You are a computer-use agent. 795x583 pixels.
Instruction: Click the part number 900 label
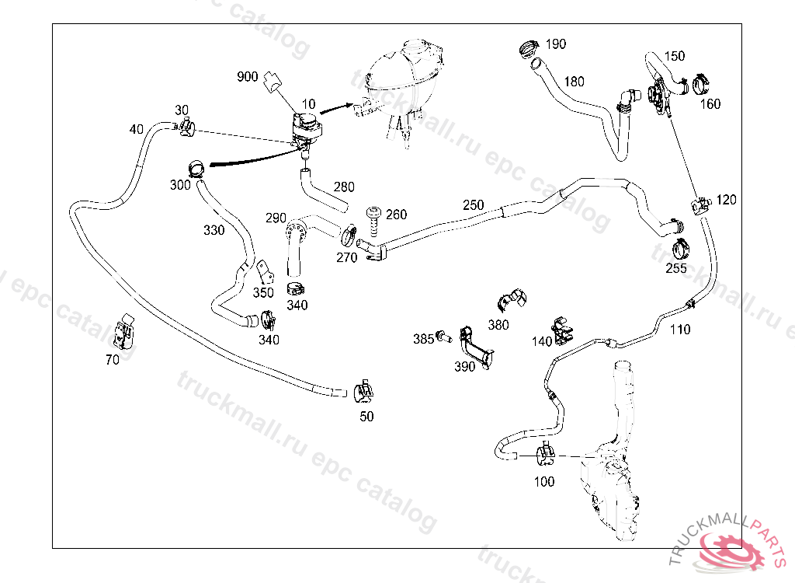(x=248, y=76)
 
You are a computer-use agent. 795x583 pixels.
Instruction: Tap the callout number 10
(x=309, y=103)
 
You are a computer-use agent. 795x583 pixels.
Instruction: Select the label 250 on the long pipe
(x=473, y=205)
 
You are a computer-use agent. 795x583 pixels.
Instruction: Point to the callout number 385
(x=423, y=339)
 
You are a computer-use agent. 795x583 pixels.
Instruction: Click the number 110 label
(x=680, y=330)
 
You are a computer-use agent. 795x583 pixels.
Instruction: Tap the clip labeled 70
(x=124, y=333)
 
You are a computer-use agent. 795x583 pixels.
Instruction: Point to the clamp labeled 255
(x=682, y=250)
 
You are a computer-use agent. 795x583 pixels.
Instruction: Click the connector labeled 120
(x=700, y=204)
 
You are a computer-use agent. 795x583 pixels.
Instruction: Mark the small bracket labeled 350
(x=266, y=272)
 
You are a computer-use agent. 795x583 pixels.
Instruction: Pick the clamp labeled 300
(x=196, y=166)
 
